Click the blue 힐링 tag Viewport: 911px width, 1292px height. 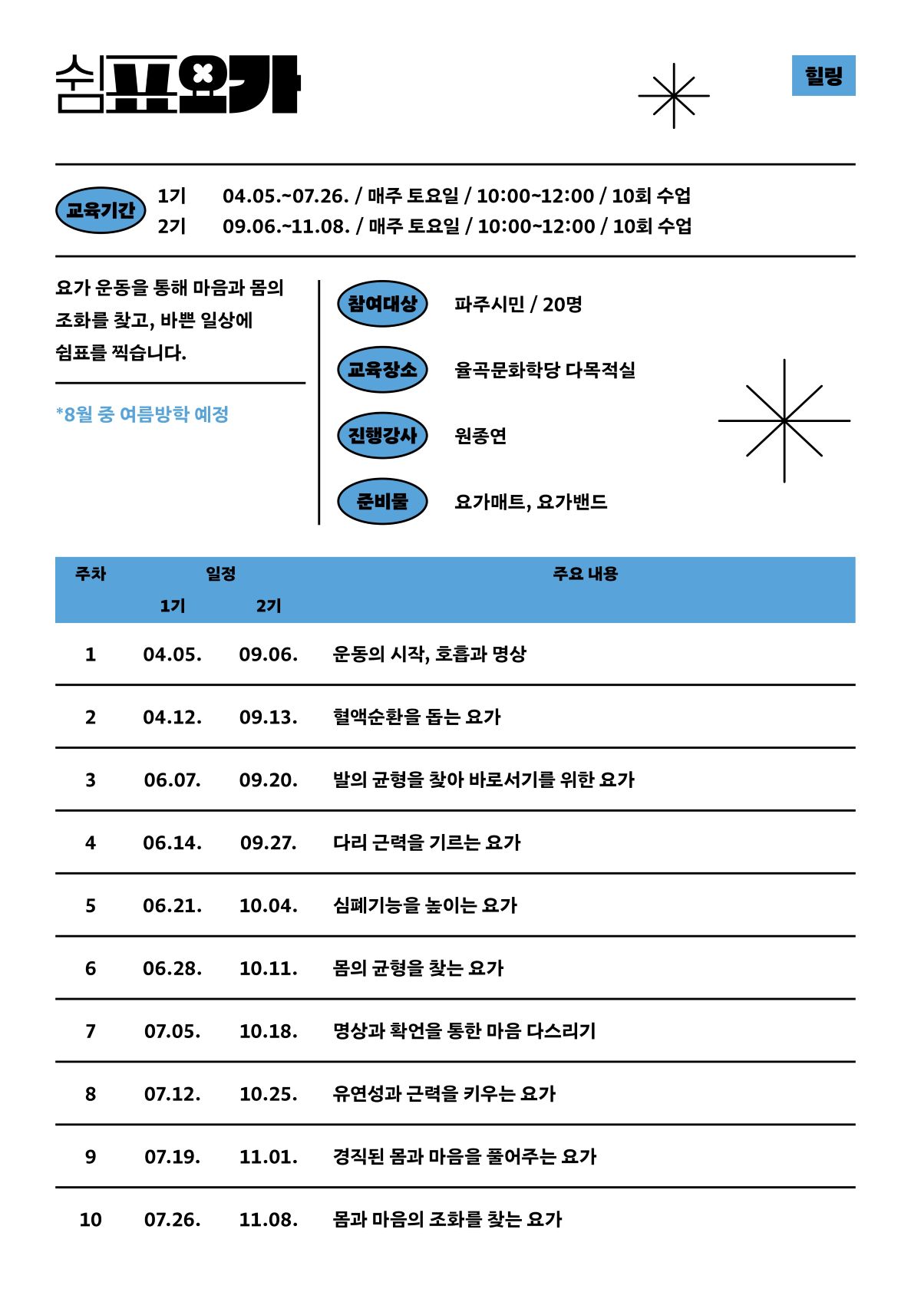pos(823,75)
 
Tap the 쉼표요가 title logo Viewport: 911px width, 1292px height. pos(177,84)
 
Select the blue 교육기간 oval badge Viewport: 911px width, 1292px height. pos(101,210)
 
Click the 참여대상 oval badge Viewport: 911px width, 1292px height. pos(382,304)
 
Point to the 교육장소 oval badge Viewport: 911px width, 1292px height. pos(382,370)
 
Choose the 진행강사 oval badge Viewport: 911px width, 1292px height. pos(382,436)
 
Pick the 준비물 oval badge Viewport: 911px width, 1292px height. pos(382,502)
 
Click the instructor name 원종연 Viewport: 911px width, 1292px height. pos(480,436)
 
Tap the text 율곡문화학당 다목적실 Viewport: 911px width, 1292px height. pos(545,370)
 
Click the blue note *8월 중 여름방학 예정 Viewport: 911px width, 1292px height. pos(143,414)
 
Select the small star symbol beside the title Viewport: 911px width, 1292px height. pos(673,96)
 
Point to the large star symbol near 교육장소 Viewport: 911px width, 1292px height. pos(784,420)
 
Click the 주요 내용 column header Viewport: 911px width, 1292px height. pos(585,574)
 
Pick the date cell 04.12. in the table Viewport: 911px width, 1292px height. pos(173,717)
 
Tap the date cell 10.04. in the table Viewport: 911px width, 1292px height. pos(268,906)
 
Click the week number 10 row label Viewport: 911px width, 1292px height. pos(91,1220)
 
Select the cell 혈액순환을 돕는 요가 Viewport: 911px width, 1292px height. pos(417,717)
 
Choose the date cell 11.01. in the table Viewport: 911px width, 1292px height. pos(268,1157)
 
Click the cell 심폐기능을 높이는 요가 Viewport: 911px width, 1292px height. pos(425,906)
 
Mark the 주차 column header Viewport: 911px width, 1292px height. pos(91,574)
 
